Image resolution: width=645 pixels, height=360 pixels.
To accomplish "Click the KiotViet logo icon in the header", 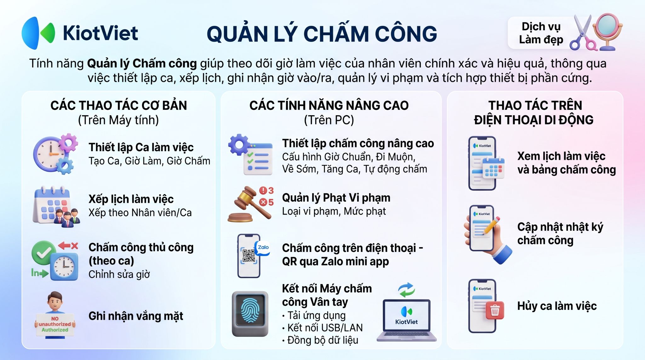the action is [x=38, y=33].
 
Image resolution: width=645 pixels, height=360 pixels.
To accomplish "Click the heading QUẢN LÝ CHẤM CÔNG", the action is [x=322, y=34].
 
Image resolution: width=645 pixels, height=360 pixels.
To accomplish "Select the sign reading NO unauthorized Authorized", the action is [x=55, y=324].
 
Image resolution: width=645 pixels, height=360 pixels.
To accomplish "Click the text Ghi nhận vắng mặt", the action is [x=136, y=316].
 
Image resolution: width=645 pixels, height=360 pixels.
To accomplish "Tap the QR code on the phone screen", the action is [x=249, y=256].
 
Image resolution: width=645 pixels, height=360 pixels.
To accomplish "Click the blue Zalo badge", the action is [x=263, y=248].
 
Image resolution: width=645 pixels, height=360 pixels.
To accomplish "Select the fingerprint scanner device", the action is [x=250, y=314].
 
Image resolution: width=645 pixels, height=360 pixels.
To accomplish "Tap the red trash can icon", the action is [x=495, y=310].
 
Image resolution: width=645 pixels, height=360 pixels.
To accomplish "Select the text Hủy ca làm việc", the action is [x=557, y=306].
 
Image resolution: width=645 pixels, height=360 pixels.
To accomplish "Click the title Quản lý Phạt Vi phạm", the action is [x=336, y=198].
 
